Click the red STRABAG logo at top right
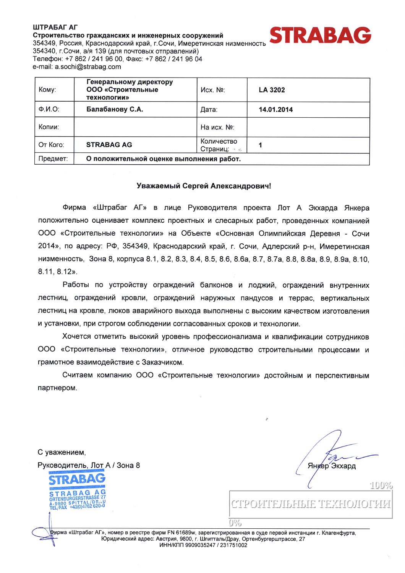pyautogui.click(x=320, y=36)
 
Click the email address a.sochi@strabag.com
pyautogui.click(x=88, y=67)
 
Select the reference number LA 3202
pyautogui.click(x=272, y=90)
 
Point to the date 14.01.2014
pyautogui.click(x=275, y=110)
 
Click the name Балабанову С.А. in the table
pyautogui.click(x=115, y=110)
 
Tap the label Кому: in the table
pyautogui.click(x=47, y=90)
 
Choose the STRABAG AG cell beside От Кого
pyautogui.click(x=109, y=145)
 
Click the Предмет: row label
pyautogui.click(x=53, y=159)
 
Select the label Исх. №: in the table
pyautogui.click(x=213, y=90)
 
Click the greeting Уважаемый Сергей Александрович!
pyautogui.click(x=204, y=186)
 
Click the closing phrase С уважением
pyautogui.click(x=61, y=453)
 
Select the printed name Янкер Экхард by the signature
pyautogui.click(x=332, y=466)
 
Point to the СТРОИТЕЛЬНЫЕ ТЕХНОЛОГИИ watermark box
pyautogui.click(x=311, y=504)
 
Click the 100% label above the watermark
pyautogui.click(x=381, y=486)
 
